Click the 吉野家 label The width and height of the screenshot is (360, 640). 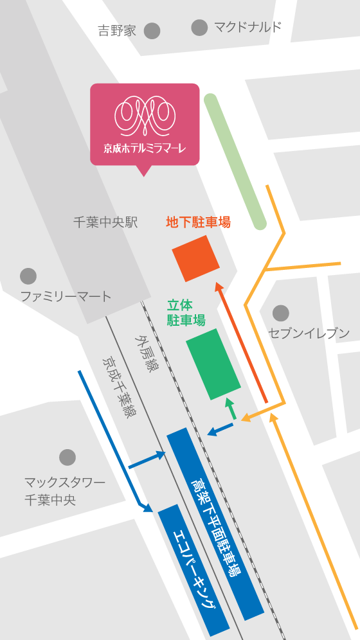point(116,30)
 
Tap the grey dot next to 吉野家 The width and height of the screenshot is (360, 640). point(152,30)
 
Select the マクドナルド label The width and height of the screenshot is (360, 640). point(248,27)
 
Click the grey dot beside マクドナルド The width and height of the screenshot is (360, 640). point(200,27)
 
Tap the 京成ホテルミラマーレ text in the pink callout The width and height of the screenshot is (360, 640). point(145,148)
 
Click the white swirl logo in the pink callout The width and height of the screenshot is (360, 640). point(145,113)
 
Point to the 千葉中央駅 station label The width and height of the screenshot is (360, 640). point(105,222)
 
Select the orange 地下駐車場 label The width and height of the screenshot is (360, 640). point(198,222)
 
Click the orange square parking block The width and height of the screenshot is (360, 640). point(196,258)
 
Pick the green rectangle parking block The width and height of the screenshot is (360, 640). point(213,364)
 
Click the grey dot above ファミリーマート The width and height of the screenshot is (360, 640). point(28,276)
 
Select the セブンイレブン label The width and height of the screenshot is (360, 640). point(309,333)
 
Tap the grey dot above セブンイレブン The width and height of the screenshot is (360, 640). point(280,313)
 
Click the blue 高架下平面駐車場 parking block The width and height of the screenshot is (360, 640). point(215,523)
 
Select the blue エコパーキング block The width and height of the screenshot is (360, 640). point(194,568)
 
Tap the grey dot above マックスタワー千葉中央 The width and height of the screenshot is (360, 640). point(67,458)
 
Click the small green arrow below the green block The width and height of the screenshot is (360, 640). point(229,409)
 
